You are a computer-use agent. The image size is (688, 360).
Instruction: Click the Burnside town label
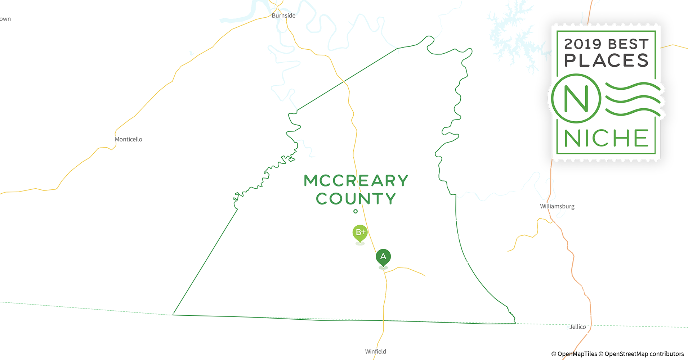tap(283, 15)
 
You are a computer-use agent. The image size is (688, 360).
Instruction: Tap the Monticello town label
tap(128, 139)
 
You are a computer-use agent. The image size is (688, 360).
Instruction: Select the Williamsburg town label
tap(557, 206)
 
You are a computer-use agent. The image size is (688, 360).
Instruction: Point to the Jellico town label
tap(577, 327)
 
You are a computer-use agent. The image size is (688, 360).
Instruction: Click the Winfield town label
tap(375, 351)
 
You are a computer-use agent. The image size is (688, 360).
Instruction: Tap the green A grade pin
tap(383, 257)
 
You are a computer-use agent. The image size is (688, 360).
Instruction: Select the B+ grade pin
tap(360, 233)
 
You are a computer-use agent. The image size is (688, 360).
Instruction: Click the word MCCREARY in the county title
tap(356, 181)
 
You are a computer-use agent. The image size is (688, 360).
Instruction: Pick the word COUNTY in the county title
tap(356, 199)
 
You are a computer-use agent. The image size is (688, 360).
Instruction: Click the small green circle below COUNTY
tap(356, 211)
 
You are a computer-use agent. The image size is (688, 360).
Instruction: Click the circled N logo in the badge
tap(576, 98)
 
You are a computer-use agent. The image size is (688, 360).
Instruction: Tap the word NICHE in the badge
tap(606, 138)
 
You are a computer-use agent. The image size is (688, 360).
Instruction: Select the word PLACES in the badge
tap(606, 60)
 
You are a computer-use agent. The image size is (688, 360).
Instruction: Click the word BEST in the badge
tap(628, 44)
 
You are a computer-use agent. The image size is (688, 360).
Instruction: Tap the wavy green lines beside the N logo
tap(633, 99)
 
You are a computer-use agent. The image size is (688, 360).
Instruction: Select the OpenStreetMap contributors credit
tap(644, 354)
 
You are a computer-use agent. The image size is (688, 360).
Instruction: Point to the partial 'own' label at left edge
tap(5, 19)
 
